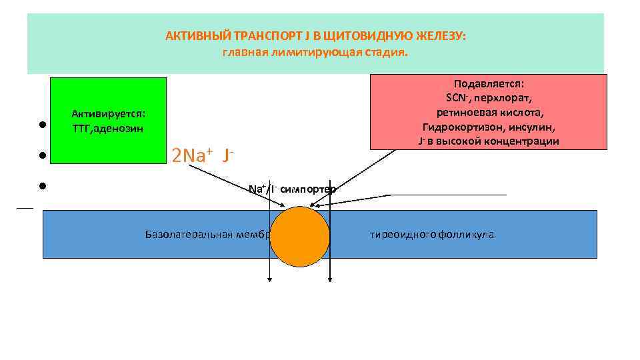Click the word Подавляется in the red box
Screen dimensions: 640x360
point(489,84)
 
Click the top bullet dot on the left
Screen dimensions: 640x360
point(41,125)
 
